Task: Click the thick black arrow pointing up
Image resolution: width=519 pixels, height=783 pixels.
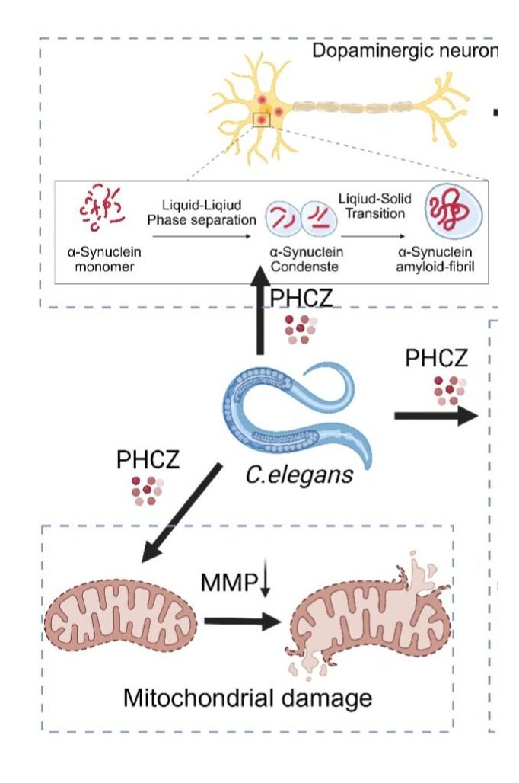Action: (260, 320)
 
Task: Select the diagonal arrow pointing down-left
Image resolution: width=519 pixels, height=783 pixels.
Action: (183, 510)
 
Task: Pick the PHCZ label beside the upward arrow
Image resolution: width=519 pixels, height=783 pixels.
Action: (302, 298)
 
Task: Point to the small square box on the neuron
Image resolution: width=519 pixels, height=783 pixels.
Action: (261, 120)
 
